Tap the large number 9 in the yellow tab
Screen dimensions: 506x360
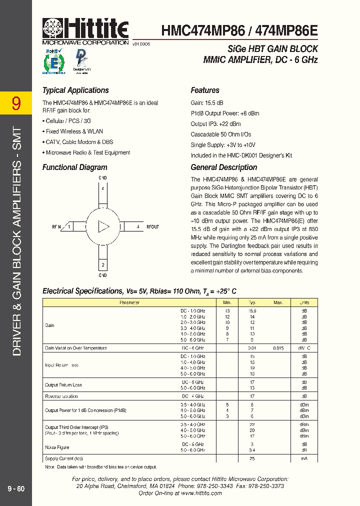click(x=16, y=103)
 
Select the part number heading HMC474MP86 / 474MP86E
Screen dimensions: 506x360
click(x=239, y=31)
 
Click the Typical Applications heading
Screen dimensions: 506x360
click(x=75, y=90)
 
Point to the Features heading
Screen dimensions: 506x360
click(x=205, y=90)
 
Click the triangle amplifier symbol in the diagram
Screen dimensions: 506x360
click(x=103, y=226)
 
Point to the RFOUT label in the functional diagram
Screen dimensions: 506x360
click(x=152, y=227)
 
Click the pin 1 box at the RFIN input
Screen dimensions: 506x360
click(x=69, y=227)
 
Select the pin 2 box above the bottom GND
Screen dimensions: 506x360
click(x=102, y=264)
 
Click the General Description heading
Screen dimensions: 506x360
click(x=224, y=167)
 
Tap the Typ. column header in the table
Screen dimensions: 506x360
click(x=252, y=302)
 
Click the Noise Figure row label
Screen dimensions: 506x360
click(x=57, y=447)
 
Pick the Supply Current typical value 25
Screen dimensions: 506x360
click(x=252, y=458)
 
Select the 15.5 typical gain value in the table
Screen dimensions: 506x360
click(x=252, y=310)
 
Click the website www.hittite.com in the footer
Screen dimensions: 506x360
click(x=201, y=493)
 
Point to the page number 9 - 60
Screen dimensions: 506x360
click(x=16, y=488)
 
